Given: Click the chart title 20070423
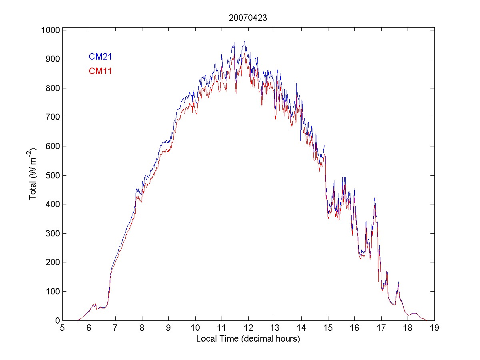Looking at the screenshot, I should tap(248, 18).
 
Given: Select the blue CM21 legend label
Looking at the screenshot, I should tap(100, 57).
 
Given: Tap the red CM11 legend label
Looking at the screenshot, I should tap(100, 71).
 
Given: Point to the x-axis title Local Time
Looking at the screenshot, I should tap(248, 339).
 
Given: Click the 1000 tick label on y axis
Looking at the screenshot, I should tap(50, 30).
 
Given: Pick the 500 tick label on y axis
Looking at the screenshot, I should tap(52, 175).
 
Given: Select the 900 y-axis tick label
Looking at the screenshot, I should tap(52, 59).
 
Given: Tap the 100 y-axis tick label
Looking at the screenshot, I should tap(52, 291).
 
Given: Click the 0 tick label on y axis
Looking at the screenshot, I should tap(57, 320).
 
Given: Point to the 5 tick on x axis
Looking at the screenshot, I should tap(62, 328).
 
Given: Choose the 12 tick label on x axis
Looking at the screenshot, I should tap(248, 328).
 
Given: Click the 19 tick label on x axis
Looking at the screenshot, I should tap(434, 328).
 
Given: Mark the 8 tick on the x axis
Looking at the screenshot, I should tap(142, 328).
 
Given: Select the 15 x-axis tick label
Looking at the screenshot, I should tap(328, 328).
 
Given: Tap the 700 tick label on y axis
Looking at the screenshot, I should tap(52, 117).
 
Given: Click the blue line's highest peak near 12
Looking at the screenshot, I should tap(244, 41).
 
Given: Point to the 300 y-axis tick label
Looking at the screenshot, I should tap(52, 233).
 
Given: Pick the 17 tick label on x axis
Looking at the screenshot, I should tap(381, 328).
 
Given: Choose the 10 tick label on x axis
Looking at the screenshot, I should tap(195, 328).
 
